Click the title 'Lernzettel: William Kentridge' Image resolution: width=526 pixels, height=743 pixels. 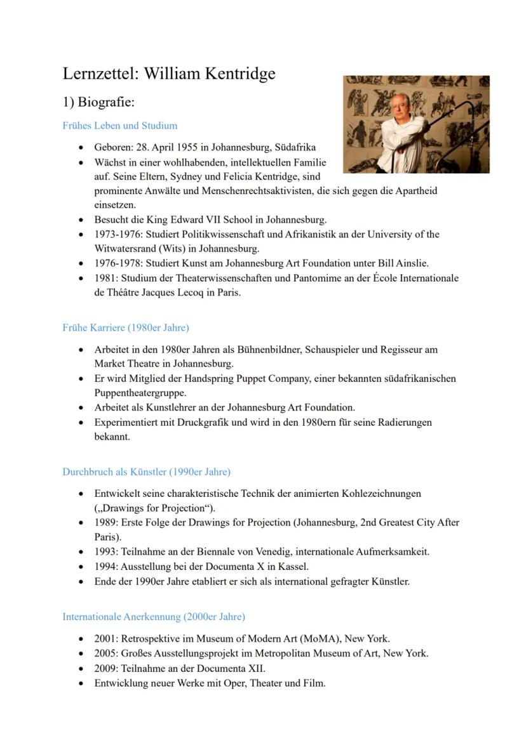pos(169,74)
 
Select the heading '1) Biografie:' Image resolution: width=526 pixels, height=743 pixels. pos(98,102)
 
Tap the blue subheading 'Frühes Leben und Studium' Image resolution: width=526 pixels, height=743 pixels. pos(120,126)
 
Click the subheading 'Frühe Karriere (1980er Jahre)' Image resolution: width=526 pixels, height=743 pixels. pos(126,328)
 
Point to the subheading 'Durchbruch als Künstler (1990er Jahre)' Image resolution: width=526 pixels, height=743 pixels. pos(146,472)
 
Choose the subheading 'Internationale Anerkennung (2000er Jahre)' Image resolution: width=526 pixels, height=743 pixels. pos(154,617)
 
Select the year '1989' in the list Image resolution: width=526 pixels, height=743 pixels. pos(105,523)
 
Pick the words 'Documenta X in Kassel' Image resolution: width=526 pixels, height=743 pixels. pos(261,567)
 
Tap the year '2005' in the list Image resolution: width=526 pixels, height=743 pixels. pos(105,654)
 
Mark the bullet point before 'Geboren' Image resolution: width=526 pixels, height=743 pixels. pos(81,147)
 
